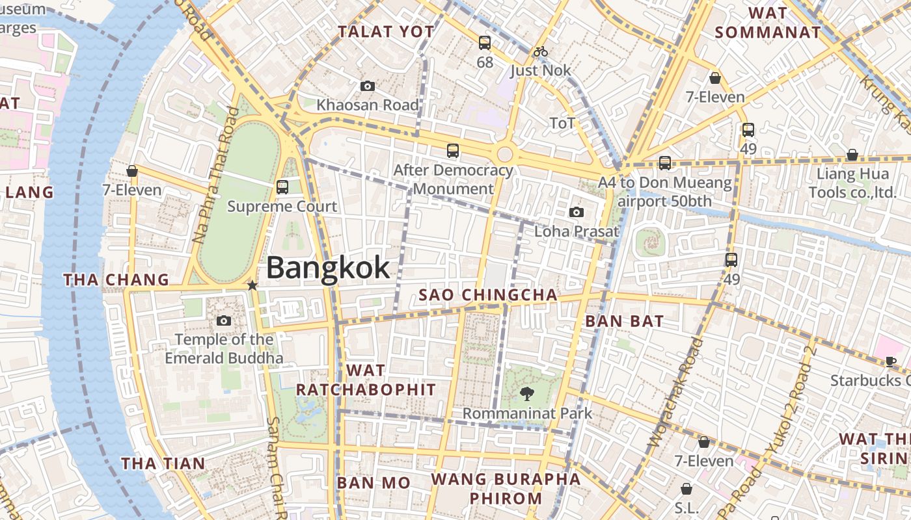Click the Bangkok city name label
click(328, 267)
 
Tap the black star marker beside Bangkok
click(252, 285)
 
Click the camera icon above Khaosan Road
click(368, 86)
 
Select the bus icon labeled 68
click(485, 43)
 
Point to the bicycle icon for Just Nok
click(540, 51)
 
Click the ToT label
click(562, 123)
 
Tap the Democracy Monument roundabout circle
click(504, 155)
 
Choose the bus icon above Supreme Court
click(282, 187)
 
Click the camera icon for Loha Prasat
click(576, 212)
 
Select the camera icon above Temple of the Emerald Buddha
click(224, 320)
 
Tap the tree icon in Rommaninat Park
click(527, 393)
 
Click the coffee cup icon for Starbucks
click(891, 361)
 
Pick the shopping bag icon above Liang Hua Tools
click(852, 155)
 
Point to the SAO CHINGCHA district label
click(488, 295)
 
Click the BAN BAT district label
click(624, 321)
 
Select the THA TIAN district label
click(163, 463)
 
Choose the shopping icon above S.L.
click(687, 488)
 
